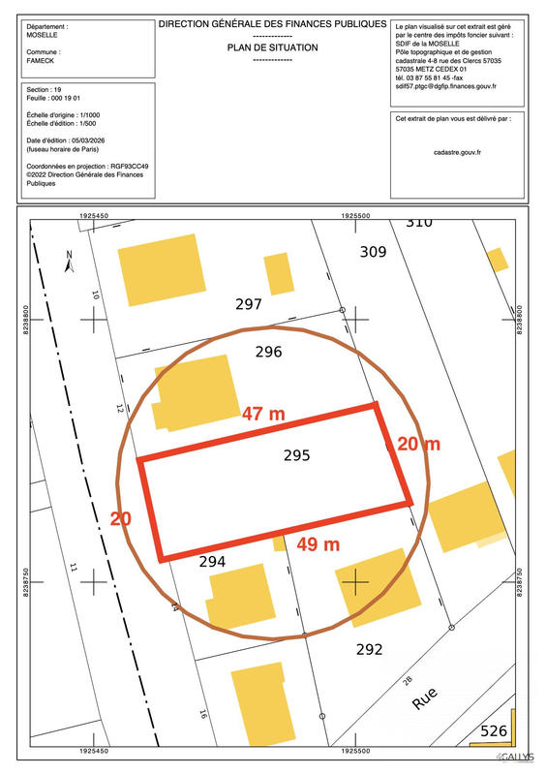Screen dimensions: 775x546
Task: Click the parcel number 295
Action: click(x=297, y=454)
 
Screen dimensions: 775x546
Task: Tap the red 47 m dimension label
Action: click(x=263, y=414)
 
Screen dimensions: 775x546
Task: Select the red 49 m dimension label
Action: click(x=318, y=544)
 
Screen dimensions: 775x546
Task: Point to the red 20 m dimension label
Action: click(x=418, y=445)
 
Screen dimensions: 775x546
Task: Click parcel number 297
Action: click(x=249, y=304)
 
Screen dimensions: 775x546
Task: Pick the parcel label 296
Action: click(x=267, y=352)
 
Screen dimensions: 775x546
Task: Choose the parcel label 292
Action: click(x=370, y=649)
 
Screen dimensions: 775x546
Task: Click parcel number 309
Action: click(x=373, y=252)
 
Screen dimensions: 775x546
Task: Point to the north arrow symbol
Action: click(x=69, y=261)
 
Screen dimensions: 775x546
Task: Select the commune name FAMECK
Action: click(x=41, y=62)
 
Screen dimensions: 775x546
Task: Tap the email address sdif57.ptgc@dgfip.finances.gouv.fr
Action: click(x=446, y=86)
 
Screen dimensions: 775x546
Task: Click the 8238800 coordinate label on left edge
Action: click(x=26, y=319)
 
